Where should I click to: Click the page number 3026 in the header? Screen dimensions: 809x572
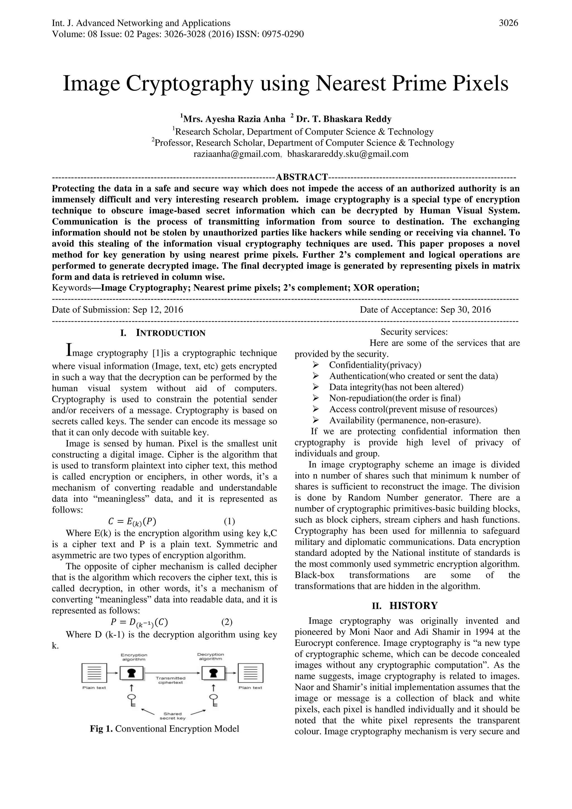coord(508,23)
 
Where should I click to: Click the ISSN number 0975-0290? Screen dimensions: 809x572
coord(282,34)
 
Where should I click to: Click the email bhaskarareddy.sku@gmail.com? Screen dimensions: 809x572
coord(348,154)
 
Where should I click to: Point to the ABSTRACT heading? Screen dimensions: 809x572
coord(302,177)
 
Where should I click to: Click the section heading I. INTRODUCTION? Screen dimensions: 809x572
coord(163,333)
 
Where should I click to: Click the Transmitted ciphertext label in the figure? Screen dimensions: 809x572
coord(170,680)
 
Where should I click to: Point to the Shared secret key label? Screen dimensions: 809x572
coord(173,716)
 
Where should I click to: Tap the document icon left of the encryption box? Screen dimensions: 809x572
coord(94,673)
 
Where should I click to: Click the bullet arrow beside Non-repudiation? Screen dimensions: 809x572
coord(316,398)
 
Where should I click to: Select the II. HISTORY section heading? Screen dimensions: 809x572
coord(405,606)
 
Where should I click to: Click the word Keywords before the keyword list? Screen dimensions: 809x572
coord(71,288)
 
